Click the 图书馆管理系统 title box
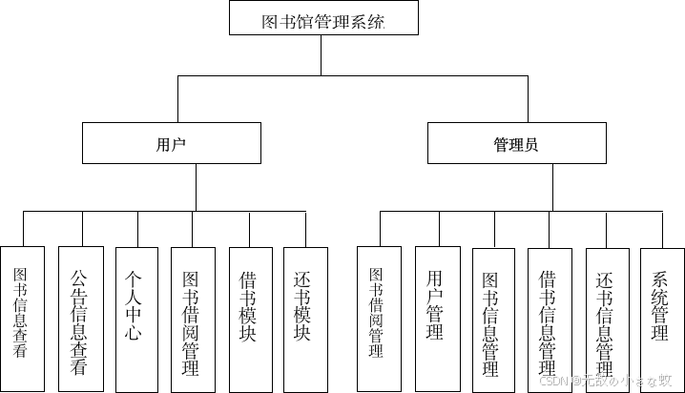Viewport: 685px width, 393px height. tap(323, 19)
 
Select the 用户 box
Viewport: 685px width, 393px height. tap(172, 144)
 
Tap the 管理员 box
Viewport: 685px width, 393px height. tap(516, 144)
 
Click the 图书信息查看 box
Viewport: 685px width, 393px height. tap(22, 318)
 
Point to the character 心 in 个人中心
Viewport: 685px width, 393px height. tap(134, 333)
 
